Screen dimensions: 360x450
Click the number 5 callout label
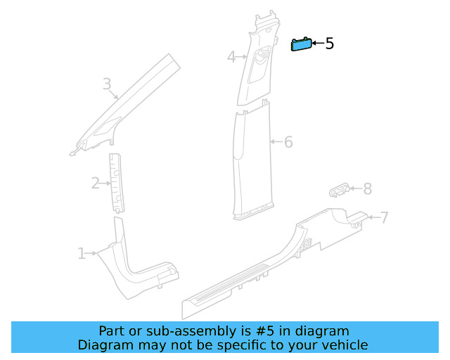coord(329,44)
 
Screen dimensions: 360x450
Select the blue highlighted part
coord(302,44)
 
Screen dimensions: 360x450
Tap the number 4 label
coord(232,57)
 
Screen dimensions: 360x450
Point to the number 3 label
coord(107,85)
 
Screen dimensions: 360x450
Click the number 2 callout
coord(96,184)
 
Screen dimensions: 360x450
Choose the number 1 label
coord(82,253)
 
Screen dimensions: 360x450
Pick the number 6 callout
coord(288,142)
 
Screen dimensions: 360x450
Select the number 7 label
coord(384,217)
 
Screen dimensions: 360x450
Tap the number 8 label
coord(367,188)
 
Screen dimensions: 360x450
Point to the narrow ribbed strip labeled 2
coord(116,181)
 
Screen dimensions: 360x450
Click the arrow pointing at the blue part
coord(319,44)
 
